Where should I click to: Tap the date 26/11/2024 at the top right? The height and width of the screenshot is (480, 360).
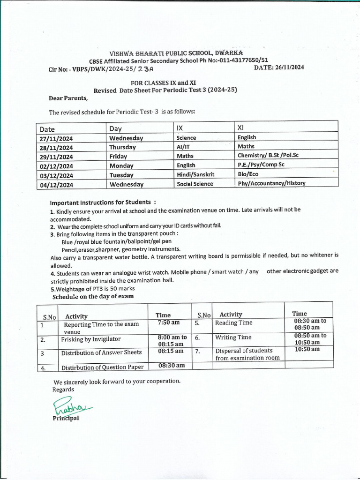(279, 67)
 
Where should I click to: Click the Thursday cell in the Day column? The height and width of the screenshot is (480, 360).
(123, 147)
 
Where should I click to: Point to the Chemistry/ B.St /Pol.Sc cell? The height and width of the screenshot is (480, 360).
(268, 155)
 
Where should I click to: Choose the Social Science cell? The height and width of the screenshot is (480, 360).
(195, 184)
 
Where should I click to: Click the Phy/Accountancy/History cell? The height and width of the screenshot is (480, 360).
(271, 183)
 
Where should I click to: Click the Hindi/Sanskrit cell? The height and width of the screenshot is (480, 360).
(195, 174)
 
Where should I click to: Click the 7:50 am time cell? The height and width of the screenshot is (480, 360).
(169, 323)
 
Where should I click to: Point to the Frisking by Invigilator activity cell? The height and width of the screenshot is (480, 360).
(91, 339)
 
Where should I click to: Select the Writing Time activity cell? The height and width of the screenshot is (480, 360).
(233, 337)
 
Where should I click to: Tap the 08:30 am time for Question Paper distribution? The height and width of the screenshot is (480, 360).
(172, 366)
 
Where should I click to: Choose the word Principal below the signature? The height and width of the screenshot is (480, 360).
(66, 418)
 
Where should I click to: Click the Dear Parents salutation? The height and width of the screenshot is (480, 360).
(68, 98)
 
